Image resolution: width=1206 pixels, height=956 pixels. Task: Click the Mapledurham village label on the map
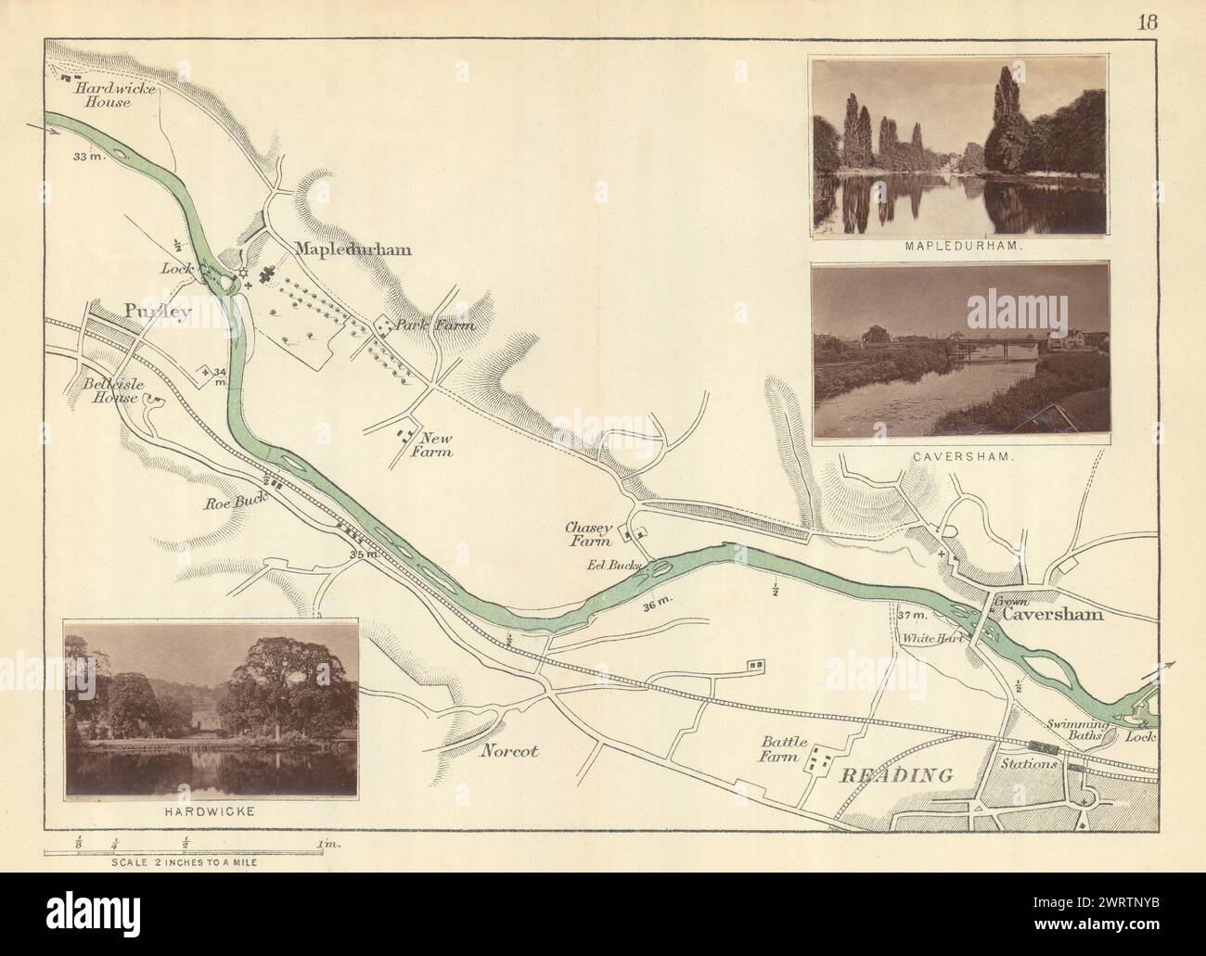(x=353, y=249)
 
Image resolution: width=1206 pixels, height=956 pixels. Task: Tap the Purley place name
(x=156, y=312)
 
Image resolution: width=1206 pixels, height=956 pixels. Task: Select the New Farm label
(x=433, y=445)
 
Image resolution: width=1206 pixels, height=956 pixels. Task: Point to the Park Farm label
(x=435, y=325)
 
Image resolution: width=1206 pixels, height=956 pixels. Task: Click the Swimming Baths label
(x=1100, y=728)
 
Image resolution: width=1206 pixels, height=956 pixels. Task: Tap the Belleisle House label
(x=104, y=389)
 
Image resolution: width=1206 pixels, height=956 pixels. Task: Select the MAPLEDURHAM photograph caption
(x=959, y=249)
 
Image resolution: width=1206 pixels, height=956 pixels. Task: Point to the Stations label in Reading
(x=1028, y=765)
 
